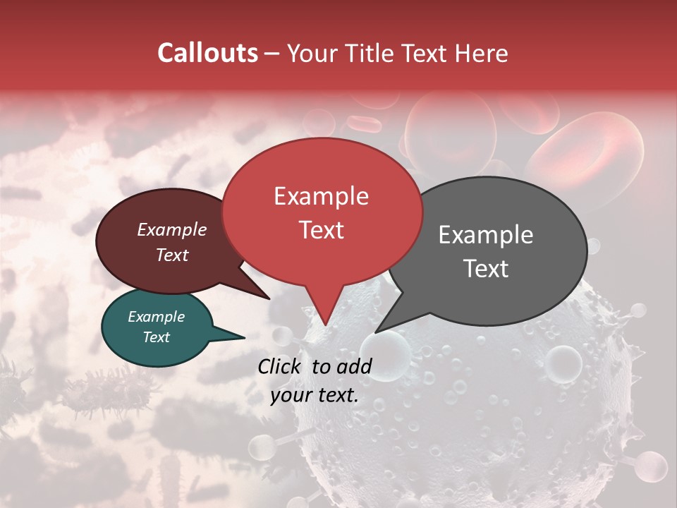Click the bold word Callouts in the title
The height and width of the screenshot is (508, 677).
(207, 53)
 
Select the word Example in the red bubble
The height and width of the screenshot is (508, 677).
(321, 196)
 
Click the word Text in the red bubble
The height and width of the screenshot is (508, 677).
(321, 230)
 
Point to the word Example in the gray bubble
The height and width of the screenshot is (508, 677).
(486, 235)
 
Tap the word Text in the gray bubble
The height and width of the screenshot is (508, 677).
(486, 269)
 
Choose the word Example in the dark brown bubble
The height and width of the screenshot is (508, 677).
(172, 229)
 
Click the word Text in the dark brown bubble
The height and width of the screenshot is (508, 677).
(172, 255)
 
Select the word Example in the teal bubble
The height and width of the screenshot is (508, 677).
(157, 317)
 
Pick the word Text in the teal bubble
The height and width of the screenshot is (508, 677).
(157, 337)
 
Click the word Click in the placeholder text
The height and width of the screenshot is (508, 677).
(281, 366)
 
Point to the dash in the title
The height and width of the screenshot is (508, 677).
(272, 53)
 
